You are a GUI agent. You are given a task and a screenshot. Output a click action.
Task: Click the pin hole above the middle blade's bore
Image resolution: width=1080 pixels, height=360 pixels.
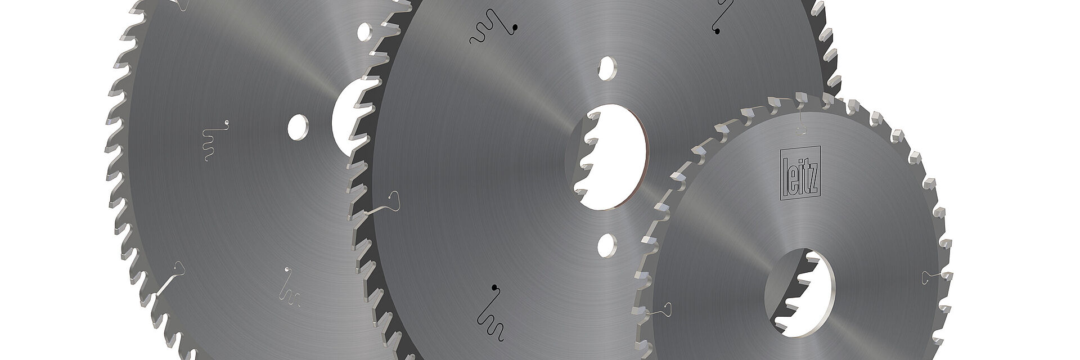pos(608,66)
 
